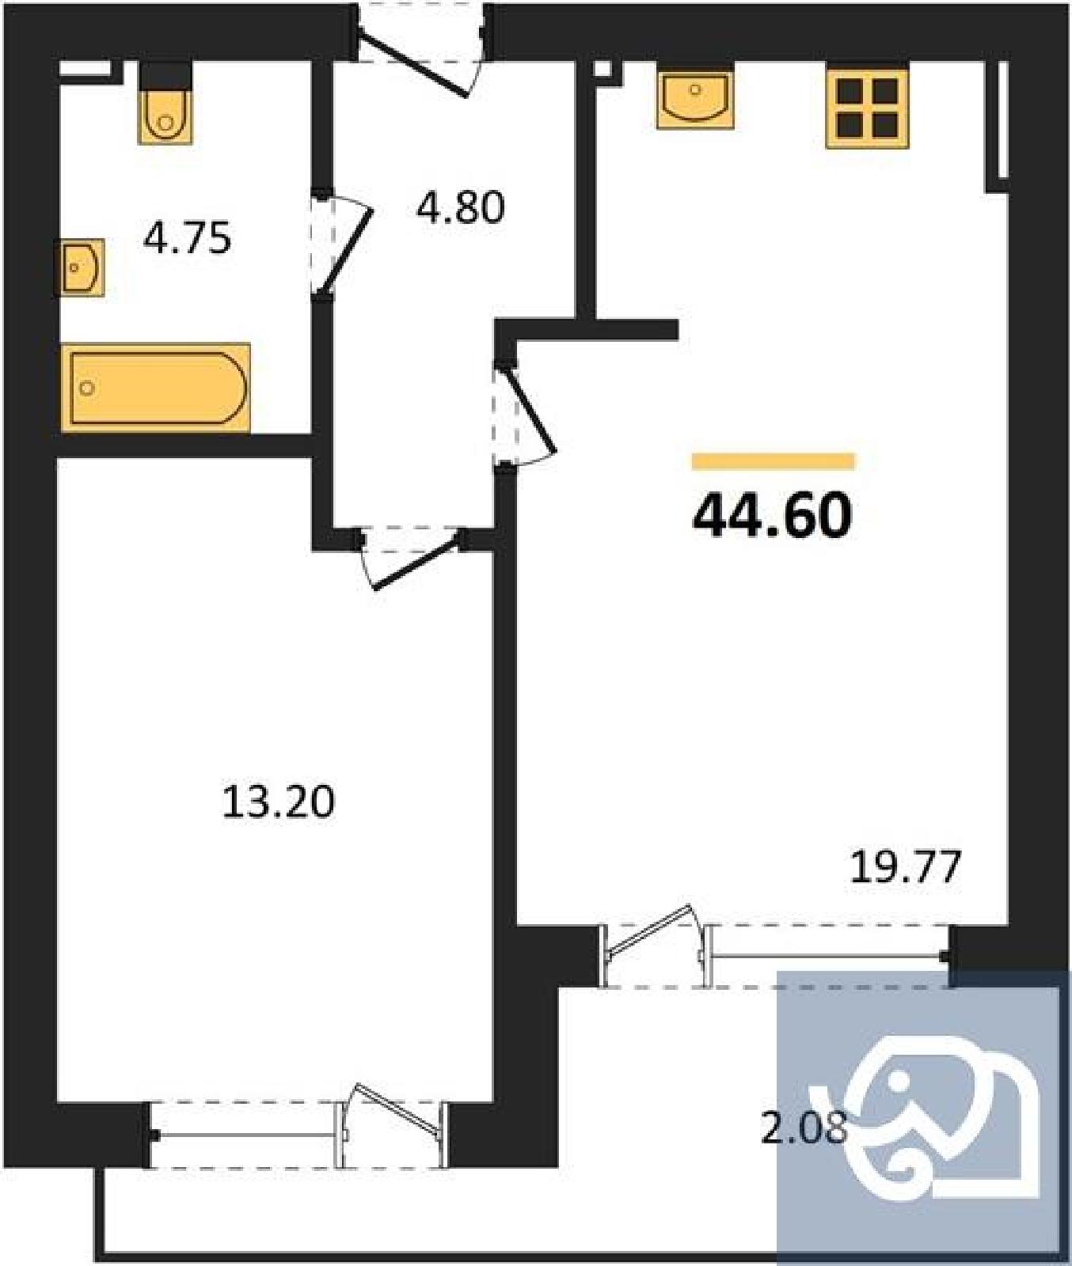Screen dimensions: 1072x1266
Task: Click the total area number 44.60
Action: click(x=772, y=515)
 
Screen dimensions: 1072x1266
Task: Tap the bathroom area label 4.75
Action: click(x=187, y=237)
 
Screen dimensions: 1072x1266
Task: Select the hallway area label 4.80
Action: click(x=461, y=207)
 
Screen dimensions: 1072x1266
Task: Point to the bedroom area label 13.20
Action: click(x=278, y=802)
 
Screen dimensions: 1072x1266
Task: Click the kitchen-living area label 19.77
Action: click(x=906, y=866)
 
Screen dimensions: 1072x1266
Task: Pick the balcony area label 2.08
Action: click(x=804, y=1128)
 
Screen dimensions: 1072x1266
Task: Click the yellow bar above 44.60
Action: click(x=774, y=461)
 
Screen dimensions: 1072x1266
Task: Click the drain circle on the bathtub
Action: click(x=87, y=388)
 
